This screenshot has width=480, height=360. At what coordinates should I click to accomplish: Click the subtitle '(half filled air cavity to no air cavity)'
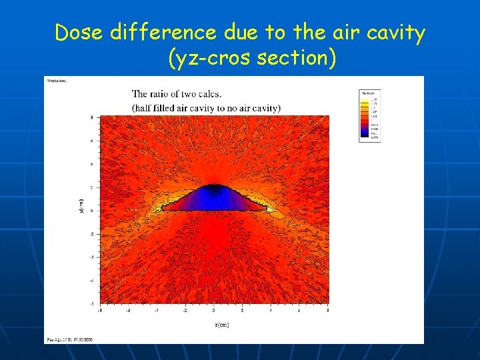click(x=206, y=107)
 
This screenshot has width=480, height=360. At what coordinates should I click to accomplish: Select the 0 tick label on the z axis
click(x=214, y=310)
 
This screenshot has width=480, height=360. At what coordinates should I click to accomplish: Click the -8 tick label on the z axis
click(x=100, y=310)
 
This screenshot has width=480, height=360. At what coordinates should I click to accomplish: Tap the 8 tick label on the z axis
click(x=327, y=310)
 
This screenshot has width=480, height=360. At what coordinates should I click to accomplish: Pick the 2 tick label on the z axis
click(x=243, y=310)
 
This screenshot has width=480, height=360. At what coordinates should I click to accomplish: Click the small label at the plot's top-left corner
click(x=56, y=81)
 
